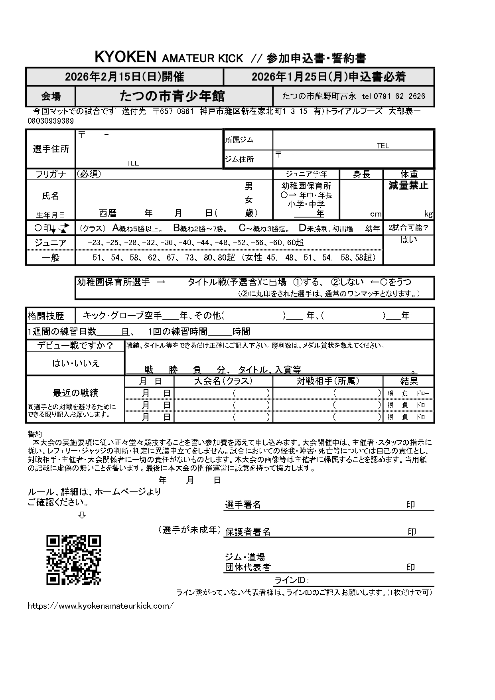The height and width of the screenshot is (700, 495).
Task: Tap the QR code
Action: click(74, 560)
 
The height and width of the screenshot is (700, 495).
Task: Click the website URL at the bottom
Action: click(101, 605)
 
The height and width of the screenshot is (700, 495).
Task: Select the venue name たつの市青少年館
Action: click(172, 96)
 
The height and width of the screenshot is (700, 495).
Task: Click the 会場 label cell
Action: click(51, 97)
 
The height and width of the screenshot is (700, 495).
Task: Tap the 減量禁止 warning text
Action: click(408, 185)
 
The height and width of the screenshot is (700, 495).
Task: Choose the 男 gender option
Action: click(248, 186)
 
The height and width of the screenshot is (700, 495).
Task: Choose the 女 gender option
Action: click(248, 199)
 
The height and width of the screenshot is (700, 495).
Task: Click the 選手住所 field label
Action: click(51, 149)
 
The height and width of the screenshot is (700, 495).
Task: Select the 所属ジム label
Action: click(239, 140)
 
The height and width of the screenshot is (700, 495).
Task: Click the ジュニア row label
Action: click(51, 243)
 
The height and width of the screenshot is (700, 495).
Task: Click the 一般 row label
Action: click(51, 257)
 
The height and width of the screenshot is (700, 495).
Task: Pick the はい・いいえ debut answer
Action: click(76, 363)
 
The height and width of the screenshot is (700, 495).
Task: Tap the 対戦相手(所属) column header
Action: click(328, 381)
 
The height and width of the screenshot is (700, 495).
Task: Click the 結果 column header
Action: click(409, 381)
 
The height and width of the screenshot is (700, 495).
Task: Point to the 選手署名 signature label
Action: click(243, 505)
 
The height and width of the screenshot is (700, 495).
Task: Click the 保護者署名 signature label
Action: click(248, 532)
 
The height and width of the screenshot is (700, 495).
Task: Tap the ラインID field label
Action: click(292, 580)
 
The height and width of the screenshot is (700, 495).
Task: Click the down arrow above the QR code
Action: click(82, 515)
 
